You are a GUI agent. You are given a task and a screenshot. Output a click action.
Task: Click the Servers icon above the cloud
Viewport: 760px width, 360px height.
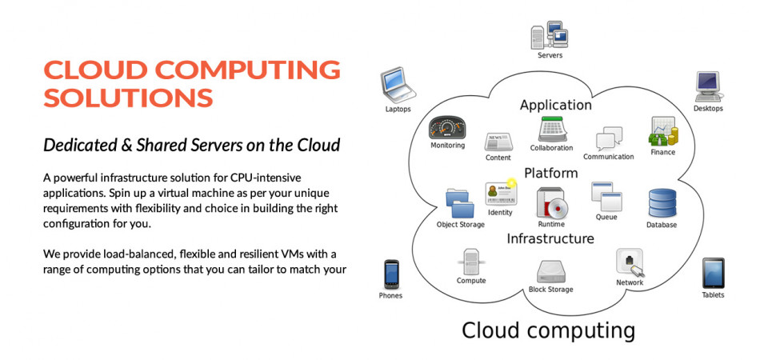pyautogui.click(x=550, y=35)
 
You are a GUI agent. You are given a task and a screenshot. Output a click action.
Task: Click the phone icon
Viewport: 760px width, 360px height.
pyautogui.click(x=390, y=274)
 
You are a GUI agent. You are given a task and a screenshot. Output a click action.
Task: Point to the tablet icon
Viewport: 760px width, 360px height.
pyautogui.click(x=713, y=273)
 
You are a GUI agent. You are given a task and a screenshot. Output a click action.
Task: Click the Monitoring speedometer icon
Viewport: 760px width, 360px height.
pyautogui.click(x=447, y=129)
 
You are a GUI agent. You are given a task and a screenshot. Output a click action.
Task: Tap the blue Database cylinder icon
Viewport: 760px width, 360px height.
pyautogui.click(x=662, y=204)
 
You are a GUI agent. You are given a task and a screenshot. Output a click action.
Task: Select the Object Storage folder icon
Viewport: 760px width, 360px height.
pyautogui.click(x=460, y=203)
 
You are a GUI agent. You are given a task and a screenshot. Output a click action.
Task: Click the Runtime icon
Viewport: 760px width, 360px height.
pyautogui.click(x=551, y=203)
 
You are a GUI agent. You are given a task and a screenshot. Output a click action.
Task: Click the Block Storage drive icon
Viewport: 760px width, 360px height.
pyautogui.click(x=550, y=272)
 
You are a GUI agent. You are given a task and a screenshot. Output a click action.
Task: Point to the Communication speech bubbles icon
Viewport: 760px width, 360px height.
pyautogui.click(x=609, y=138)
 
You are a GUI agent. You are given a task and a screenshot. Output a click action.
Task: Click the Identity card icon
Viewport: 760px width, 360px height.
pyautogui.click(x=500, y=193)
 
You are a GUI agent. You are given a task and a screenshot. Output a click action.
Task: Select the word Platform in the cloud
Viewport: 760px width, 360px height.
pyautogui.click(x=550, y=173)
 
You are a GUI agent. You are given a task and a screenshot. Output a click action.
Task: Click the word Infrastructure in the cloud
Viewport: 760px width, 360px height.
pyautogui.click(x=550, y=238)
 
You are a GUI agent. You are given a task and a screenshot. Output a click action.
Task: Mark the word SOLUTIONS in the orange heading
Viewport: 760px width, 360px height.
pyautogui.click(x=128, y=98)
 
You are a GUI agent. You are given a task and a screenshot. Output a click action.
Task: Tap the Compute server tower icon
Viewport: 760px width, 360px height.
pyautogui.click(x=471, y=262)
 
